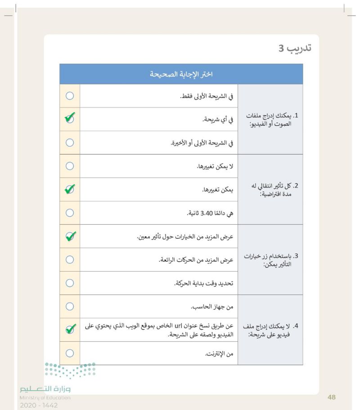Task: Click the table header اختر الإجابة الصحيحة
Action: click(180, 74)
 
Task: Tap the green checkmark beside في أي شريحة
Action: click(69, 119)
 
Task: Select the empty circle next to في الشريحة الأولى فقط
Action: click(69, 96)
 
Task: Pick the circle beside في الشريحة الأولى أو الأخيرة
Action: click(69, 143)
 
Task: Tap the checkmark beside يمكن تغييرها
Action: click(69, 189)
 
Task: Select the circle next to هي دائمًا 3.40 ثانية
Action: click(69, 213)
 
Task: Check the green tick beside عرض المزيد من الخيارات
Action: click(69, 236)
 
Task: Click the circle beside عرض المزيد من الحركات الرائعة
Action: click(69, 259)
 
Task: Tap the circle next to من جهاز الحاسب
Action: click(69, 306)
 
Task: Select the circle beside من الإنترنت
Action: click(69, 353)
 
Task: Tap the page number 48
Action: click(332, 397)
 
